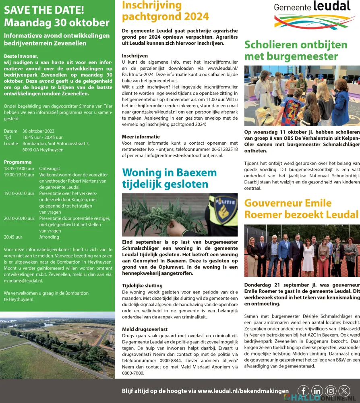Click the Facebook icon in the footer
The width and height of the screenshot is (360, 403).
(x=304, y=391)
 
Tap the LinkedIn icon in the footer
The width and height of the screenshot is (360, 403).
(x=317, y=391)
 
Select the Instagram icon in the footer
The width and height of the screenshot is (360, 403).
(x=331, y=391)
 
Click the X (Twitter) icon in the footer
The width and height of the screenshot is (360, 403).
(x=344, y=391)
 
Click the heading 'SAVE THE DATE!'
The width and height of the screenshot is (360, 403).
(x=44, y=10)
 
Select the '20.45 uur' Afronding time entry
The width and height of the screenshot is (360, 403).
(x=13, y=237)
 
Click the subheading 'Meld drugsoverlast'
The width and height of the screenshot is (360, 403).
(x=144, y=329)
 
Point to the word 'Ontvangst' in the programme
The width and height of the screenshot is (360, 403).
(x=49, y=168)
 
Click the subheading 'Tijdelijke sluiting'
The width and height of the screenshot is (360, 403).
(x=142, y=285)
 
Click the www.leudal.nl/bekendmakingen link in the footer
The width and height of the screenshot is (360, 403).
(x=243, y=391)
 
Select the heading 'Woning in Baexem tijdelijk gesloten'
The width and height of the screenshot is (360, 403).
(x=169, y=178)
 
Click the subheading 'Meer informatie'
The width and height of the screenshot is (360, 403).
(x=141, y=137)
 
